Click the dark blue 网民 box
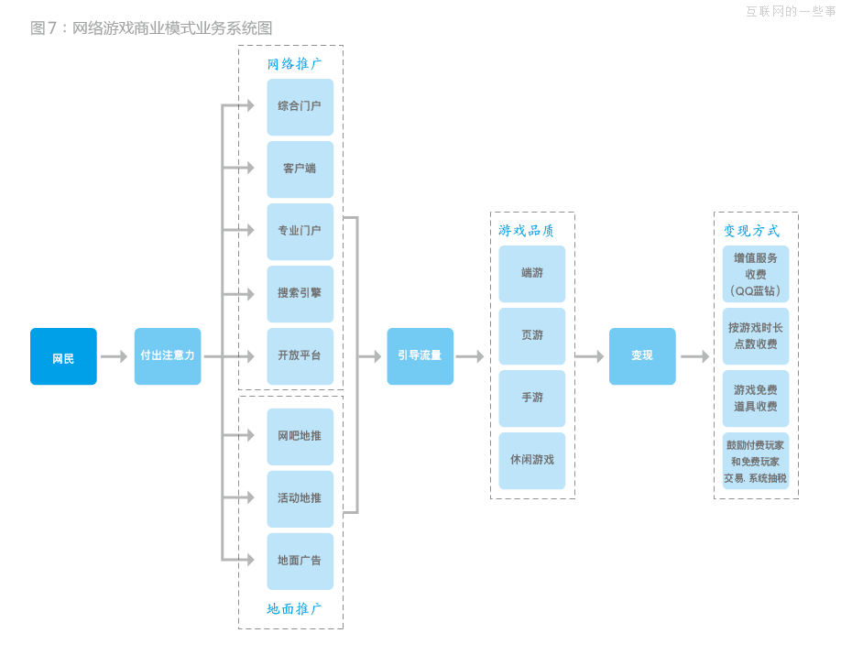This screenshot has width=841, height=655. [x=63, y=356]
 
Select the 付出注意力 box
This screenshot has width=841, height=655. [x=168, y=356]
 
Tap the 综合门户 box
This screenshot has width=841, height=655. [x=300, y=106]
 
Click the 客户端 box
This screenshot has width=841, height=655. [x=300, y=169]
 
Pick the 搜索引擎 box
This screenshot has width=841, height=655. [x=300, y=293]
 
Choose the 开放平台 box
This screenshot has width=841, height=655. [x=300, y=355]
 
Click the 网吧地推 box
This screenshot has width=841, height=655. [x=300, y=436]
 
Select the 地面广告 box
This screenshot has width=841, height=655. [x=300, y=561]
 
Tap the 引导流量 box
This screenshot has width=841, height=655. [x=420, y=356]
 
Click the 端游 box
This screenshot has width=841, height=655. [x=532, y=273]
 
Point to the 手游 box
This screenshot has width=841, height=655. [x=532, y=398]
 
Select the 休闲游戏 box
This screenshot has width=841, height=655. [x=532, y=460]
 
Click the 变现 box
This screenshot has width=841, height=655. [x=642, y=356]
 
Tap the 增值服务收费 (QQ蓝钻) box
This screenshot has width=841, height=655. [x=756, y=274]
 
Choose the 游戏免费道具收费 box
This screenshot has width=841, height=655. [x=756, y=398]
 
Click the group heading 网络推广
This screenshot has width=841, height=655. [x=294, y=64]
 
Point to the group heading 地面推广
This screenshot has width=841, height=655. [x=294, y=609]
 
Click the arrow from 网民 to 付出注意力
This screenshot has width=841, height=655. [x=115, y=356]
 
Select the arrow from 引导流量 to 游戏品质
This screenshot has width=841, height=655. [x=470, y=356]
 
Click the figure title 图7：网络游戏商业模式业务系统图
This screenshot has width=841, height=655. [x=151, y=28]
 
